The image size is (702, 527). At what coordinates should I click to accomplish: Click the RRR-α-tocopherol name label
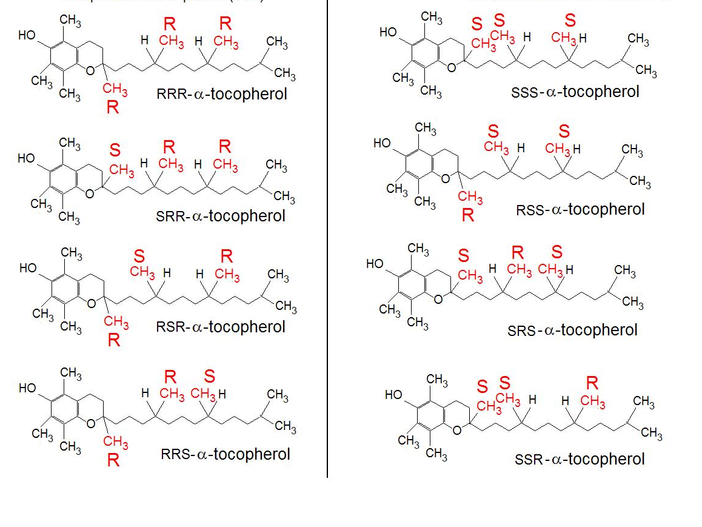(222, 94)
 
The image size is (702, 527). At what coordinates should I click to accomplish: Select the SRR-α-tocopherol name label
(221, 216)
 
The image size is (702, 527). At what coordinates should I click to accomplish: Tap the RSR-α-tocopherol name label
(221, 327)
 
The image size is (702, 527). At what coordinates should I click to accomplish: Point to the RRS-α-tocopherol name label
(226, 454)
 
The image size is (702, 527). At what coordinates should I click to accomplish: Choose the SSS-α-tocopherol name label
(575, 92)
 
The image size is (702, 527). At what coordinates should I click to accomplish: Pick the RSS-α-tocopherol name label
(580, 209)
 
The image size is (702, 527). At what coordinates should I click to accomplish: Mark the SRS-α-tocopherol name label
(573, 331)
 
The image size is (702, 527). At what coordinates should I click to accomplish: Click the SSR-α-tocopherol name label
(580, 459)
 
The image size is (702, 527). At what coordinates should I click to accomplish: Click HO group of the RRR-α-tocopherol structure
(28, 35)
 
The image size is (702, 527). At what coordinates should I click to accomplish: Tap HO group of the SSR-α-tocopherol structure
(394, 395)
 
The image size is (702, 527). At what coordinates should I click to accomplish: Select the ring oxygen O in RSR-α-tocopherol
(91, 303)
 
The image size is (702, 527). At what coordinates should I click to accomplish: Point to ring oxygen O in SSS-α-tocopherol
(451, 67)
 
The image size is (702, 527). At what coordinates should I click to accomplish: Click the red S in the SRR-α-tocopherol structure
(115, 149)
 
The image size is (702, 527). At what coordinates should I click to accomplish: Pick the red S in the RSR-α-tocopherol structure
(139, 255)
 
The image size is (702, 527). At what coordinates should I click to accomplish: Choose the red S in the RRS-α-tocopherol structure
(209, 377)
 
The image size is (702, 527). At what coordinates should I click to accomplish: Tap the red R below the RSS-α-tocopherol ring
(467, 215)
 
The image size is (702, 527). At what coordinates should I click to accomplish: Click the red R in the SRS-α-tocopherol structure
(517, 252)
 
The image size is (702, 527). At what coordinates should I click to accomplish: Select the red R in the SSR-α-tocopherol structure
(592, 383)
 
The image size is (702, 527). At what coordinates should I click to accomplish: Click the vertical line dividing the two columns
(327, 243)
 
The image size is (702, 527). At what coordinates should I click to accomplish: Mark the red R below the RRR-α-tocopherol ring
(113, 109)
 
